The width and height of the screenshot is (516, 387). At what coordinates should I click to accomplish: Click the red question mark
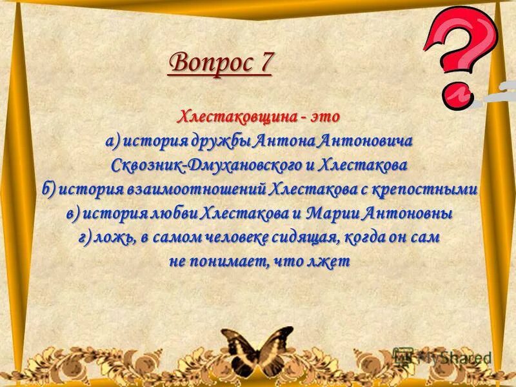459,55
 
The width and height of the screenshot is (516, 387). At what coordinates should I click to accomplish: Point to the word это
324,117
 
